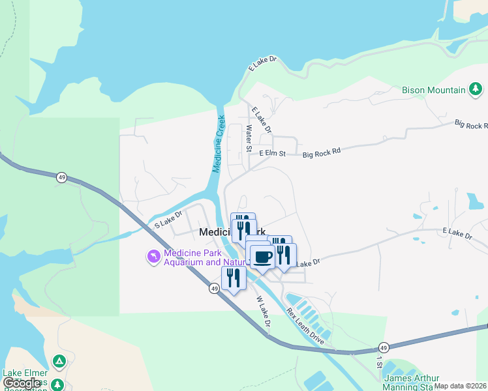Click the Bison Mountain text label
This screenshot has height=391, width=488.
(x=433, y=90)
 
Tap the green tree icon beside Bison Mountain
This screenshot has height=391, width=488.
(x=476, y=89)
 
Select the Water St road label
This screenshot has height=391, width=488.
(x=249, y=139)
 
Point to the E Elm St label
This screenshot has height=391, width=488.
(x=272, y=154)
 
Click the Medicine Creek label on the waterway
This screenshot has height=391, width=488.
(x=219, y=144)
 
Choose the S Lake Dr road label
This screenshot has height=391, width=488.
(x=168, y=218)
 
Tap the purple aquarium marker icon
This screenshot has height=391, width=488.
(x=154, y=257)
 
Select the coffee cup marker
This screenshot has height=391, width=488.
(x=262, y=257)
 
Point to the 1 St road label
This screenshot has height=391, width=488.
(x=378, y=361)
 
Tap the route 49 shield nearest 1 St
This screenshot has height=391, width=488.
(x=384, y=347)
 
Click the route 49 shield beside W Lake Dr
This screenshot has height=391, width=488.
(x=214, y=288)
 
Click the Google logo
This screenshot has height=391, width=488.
(x=22, y=383)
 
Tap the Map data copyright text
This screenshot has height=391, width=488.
(x=461, y=386)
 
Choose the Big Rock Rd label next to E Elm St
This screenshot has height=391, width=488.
(x=322, y=153)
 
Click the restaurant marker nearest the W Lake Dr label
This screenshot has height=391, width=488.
(x=233, y=278)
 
